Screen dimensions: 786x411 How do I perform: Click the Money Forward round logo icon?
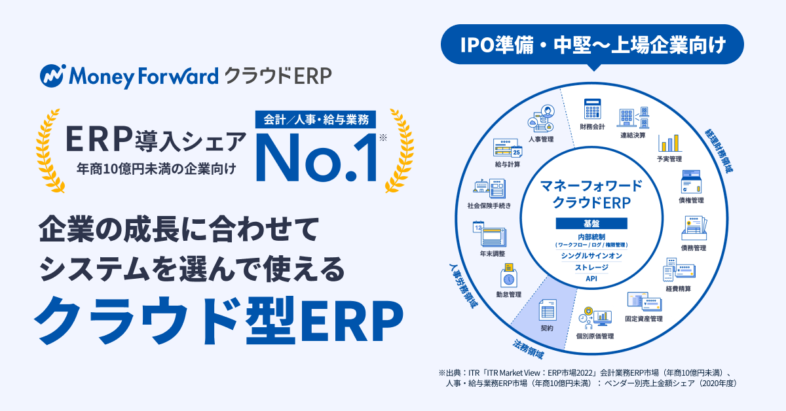point(52,76)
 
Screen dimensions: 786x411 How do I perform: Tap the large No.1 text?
point(317,158)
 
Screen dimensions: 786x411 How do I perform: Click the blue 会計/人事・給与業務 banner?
point(316,120)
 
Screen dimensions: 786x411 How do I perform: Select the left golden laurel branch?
point(50,151)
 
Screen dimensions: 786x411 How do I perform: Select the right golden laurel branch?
point(400,151)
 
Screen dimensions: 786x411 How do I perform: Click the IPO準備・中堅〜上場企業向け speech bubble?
point(592,45)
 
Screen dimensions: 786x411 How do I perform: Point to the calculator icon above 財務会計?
point(592,109)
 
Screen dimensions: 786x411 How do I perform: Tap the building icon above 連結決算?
point(633,118)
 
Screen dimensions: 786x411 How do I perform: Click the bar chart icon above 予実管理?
point(669,143)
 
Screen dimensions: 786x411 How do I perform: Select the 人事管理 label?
point(541,139)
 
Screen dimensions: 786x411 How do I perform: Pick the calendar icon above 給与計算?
point(508,148)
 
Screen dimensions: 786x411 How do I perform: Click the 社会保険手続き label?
point(489,206)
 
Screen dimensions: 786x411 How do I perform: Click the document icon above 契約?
point(548,310)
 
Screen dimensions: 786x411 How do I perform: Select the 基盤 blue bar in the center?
point(591,223)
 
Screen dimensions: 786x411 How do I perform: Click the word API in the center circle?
point(591,279)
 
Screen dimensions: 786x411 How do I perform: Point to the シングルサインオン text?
point(591,256)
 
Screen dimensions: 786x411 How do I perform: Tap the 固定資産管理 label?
point(644,319)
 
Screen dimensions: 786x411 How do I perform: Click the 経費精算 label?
point(679,289)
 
